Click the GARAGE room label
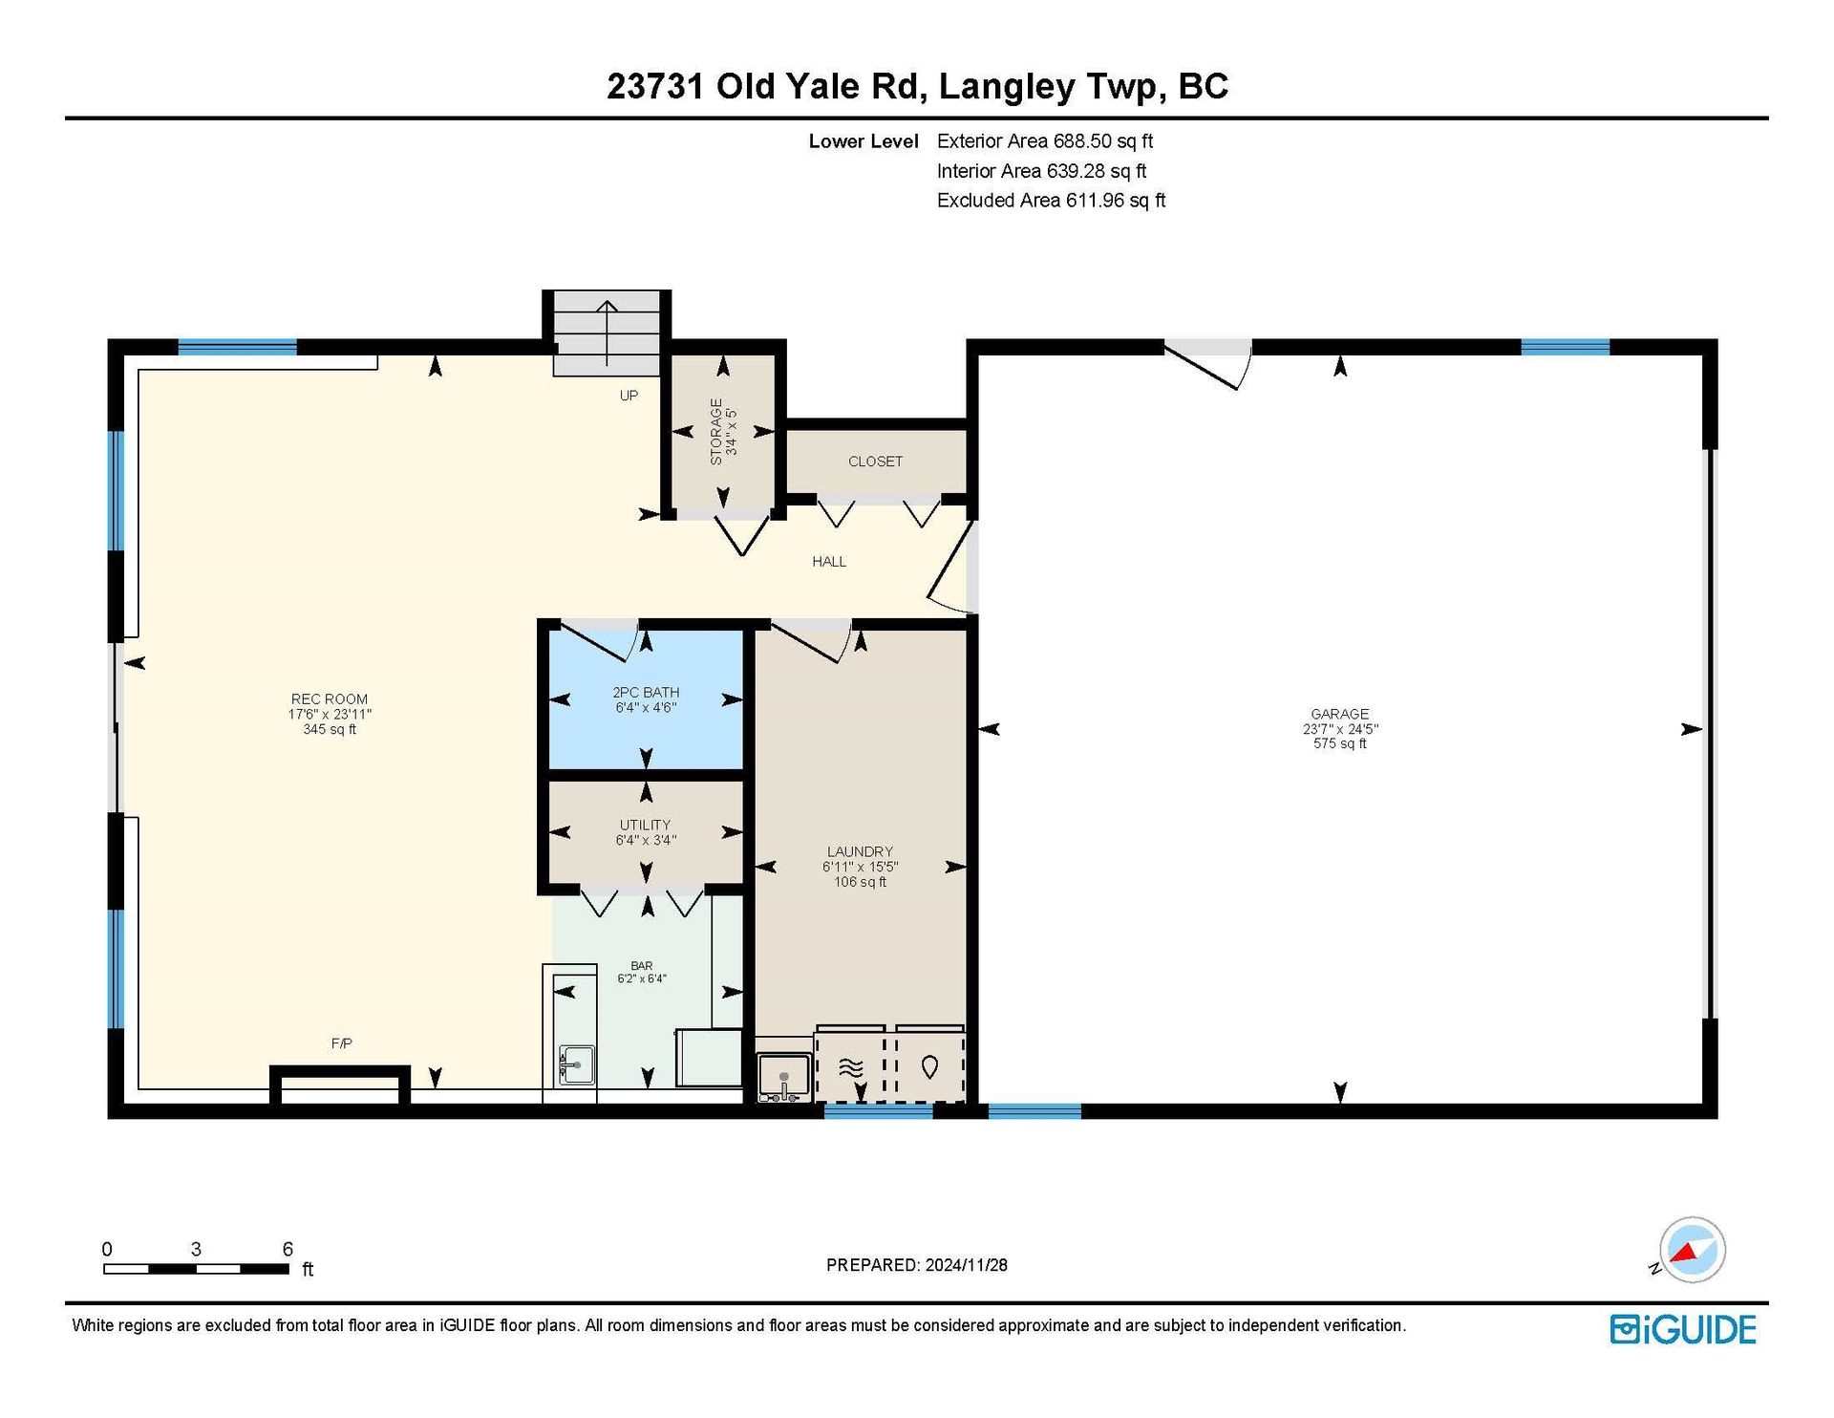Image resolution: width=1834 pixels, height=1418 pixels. [x=1339, y=714]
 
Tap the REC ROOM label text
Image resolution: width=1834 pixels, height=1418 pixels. [x=330, y=699]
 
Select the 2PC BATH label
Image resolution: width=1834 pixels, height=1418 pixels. [x=646, y=693]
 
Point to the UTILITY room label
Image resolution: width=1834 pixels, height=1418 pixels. [x=646, y=825]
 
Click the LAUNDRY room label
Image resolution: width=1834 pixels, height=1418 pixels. [x=860, y=851]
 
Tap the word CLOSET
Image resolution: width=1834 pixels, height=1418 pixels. [x=875, y=462]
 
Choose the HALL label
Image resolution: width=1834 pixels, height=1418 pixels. [x=829, y=562]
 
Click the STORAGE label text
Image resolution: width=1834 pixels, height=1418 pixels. [x=716, y=432]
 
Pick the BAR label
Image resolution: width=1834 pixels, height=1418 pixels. [x=642, y=966]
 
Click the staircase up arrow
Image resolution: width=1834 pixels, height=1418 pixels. [x=608, y=333]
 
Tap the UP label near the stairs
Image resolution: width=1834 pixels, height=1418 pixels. [x=629, y=396]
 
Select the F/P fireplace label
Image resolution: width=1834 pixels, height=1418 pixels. [x=341, y=1043]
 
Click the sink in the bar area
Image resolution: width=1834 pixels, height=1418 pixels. [x=575, y=1064]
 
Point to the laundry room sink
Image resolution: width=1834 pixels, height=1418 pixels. [x=783, y=1078]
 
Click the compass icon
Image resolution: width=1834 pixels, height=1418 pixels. [x=1692, y=1250]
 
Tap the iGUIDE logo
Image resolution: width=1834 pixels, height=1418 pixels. [x=1683, y=1330]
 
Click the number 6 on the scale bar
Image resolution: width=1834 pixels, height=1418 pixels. [x=288, y=1249]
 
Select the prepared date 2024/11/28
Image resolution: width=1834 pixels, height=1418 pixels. [x=966, y=1265]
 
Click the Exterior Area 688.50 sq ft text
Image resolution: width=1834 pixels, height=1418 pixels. [x=1045, y=141]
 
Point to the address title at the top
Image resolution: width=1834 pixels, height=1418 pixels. [x=917, y=86]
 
